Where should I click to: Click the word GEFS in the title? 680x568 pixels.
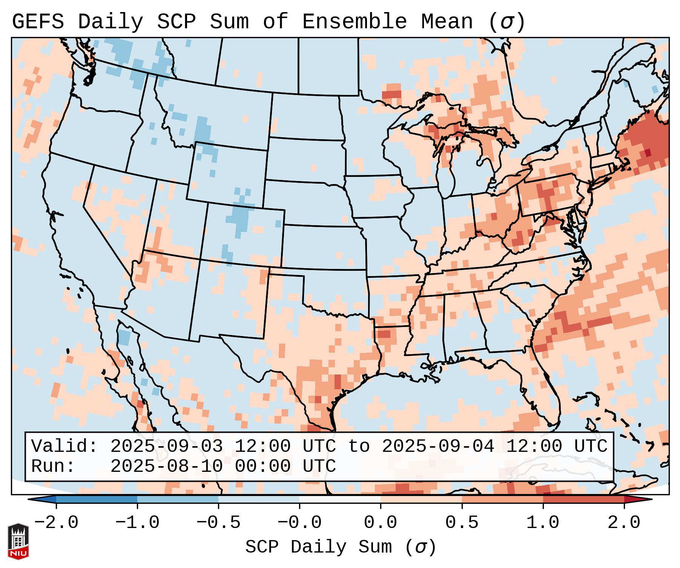38,22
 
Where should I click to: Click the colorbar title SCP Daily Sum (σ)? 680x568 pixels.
341,547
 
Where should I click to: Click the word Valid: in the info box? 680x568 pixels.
64,447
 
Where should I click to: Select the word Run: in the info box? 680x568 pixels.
53,467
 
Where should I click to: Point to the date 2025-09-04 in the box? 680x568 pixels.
438,447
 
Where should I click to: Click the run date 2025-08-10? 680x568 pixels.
166,467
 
